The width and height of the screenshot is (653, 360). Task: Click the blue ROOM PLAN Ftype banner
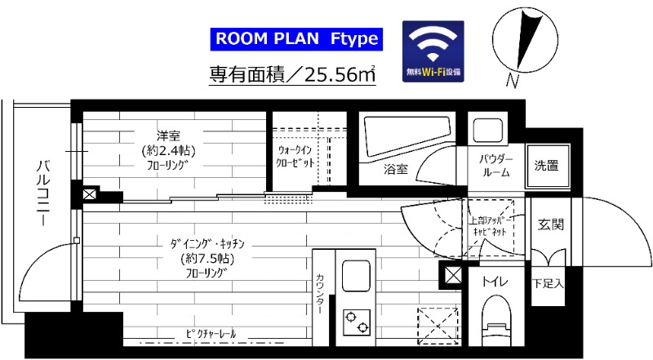tap(296, 38)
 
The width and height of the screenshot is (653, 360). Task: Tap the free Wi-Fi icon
tap(433, 48)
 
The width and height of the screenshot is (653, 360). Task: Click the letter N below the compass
tap(513, 80)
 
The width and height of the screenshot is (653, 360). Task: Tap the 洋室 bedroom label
tap(170, 135)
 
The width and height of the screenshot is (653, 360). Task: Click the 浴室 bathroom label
tap(396, 170)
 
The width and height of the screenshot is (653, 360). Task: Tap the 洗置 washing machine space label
tap(546, 166)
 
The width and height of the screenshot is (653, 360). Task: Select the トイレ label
tap(495, 282)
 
